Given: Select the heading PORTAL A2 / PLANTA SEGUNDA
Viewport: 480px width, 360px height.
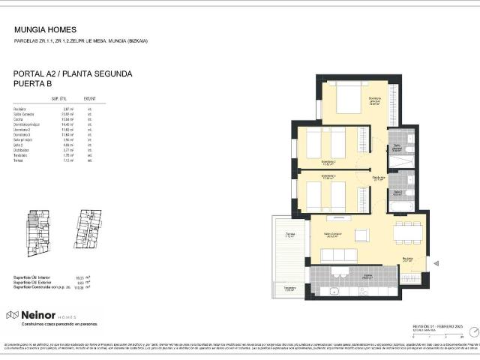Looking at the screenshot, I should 73,74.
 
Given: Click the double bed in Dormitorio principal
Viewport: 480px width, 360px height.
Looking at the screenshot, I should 349,97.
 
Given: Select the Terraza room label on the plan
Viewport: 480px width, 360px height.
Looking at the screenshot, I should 289,235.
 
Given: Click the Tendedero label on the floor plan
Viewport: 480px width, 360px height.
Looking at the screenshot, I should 289,288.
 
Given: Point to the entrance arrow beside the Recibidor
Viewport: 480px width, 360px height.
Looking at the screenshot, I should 436,263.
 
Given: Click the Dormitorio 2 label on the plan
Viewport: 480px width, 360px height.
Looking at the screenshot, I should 328,161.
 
